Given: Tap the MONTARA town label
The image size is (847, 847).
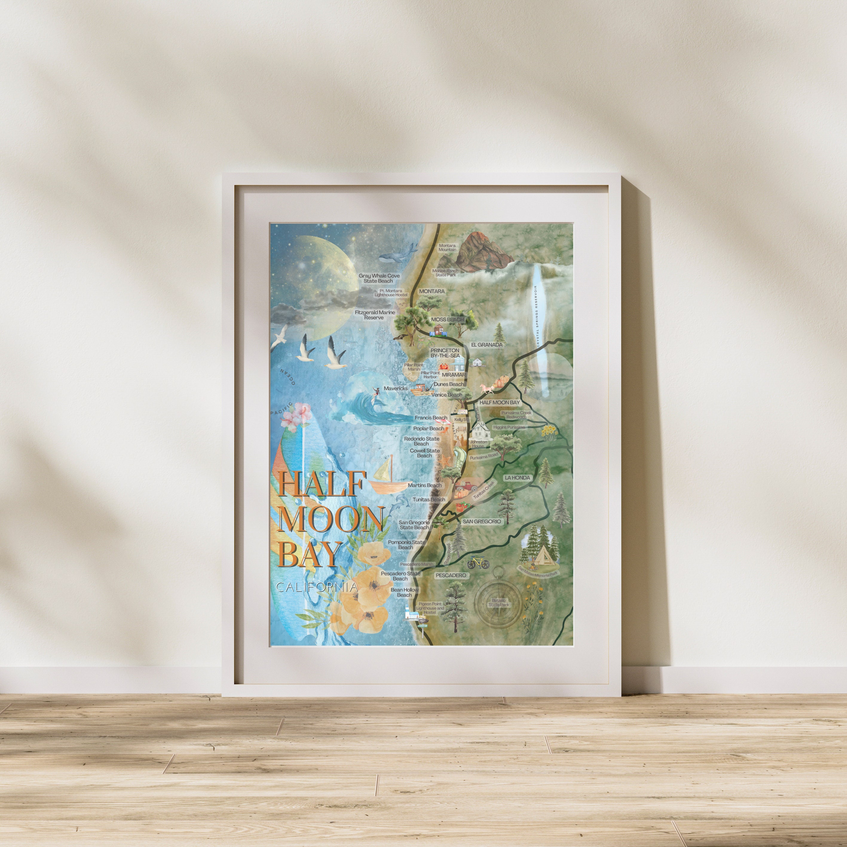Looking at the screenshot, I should pos(431,291).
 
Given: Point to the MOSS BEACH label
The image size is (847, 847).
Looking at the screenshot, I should pos(447,320).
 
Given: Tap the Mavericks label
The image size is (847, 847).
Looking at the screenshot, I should pos(396,388).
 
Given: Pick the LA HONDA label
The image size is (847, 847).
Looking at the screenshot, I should pos(517,478).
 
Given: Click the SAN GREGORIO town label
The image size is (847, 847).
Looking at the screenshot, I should pos(481,522).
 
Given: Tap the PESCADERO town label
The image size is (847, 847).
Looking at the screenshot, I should pos(450,575).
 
